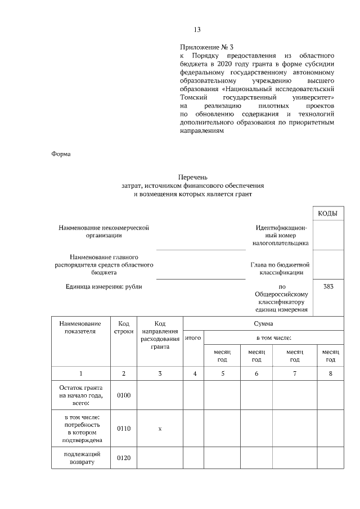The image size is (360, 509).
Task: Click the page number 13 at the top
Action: click(x=197, y=30)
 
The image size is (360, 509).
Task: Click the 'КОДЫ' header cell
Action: click(x=327, y=214)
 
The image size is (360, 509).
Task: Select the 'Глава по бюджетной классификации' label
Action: click(x=280, y=268)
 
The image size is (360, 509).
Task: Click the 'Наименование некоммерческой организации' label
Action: click(x=104, y=232)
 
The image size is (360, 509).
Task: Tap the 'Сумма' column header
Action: click(x=263, y=323)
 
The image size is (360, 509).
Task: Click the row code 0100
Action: click(x=123, y=395)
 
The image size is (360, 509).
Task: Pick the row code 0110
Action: click(x=123, y=429)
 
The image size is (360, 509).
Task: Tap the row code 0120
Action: click(x=123, y=458)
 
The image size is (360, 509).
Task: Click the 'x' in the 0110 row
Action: click(x=160, y=429)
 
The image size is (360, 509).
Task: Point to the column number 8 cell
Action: click(x=330, y=373)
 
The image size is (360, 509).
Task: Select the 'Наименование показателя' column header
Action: click(x=80, y=327)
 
